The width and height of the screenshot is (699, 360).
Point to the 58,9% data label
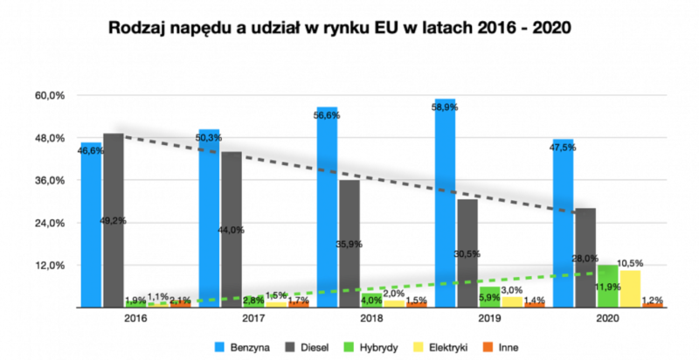coord(445,107)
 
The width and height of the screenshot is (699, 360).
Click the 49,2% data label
coord(113,221)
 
